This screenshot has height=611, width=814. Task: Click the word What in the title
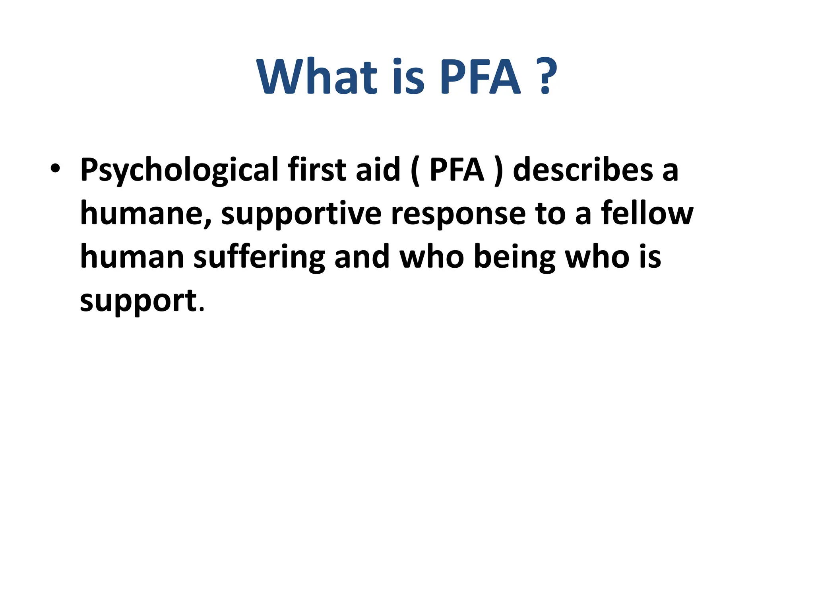(316, 76)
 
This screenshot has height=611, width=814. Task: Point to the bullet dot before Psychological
(55, 169)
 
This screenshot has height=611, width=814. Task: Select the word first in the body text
(317, 169)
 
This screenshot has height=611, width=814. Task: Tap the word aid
(378, 169)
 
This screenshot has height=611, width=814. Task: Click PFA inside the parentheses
(457, 169)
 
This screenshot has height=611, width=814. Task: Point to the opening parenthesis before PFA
(415, 170)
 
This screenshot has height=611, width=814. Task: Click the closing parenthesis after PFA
(498, 170)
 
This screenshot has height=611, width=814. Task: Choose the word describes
(583, 169)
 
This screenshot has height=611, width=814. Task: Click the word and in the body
(362, 257)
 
